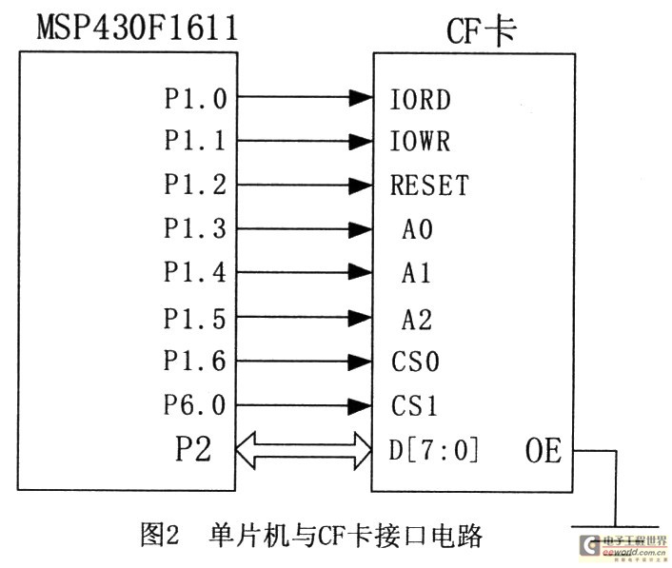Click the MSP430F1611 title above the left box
pyautogui.click(x=138, y=28)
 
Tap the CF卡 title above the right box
pyautogui.click(x=481, y=31)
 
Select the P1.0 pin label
pyautogui.click(x=195, y=99)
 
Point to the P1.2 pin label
pyautogui.click(x=195, y=185)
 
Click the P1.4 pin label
pyautogui.click(x=195, y=272)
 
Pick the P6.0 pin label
pyautogui.click(x=195, y=404)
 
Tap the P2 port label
pyautogui.click(x=193, y=448)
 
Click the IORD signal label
pyautogui.click(x=420, y=99)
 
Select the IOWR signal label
pyautogui.click(x=420, y=141)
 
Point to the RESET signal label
pyautogui.click(x=429, y=185)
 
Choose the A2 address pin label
pyautogui.click(x=417, y=320)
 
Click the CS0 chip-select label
pyautogui.click(x=415, y=362)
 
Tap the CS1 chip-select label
pyautogui.click(x=414, y=405)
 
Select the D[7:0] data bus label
pyautogui.click(x=434, y=450)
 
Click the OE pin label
pyautogui.click(x=544, y=451)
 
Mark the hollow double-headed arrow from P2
pyautogui.click(x=304, y=450)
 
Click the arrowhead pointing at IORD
pyautogui.click(x=361, y=98)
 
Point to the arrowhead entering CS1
pyautogui.click(x=360, y=405)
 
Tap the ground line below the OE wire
pyautogui.click(x=616, y=526)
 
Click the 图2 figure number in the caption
pyautogui.click(x=159, y=535)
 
